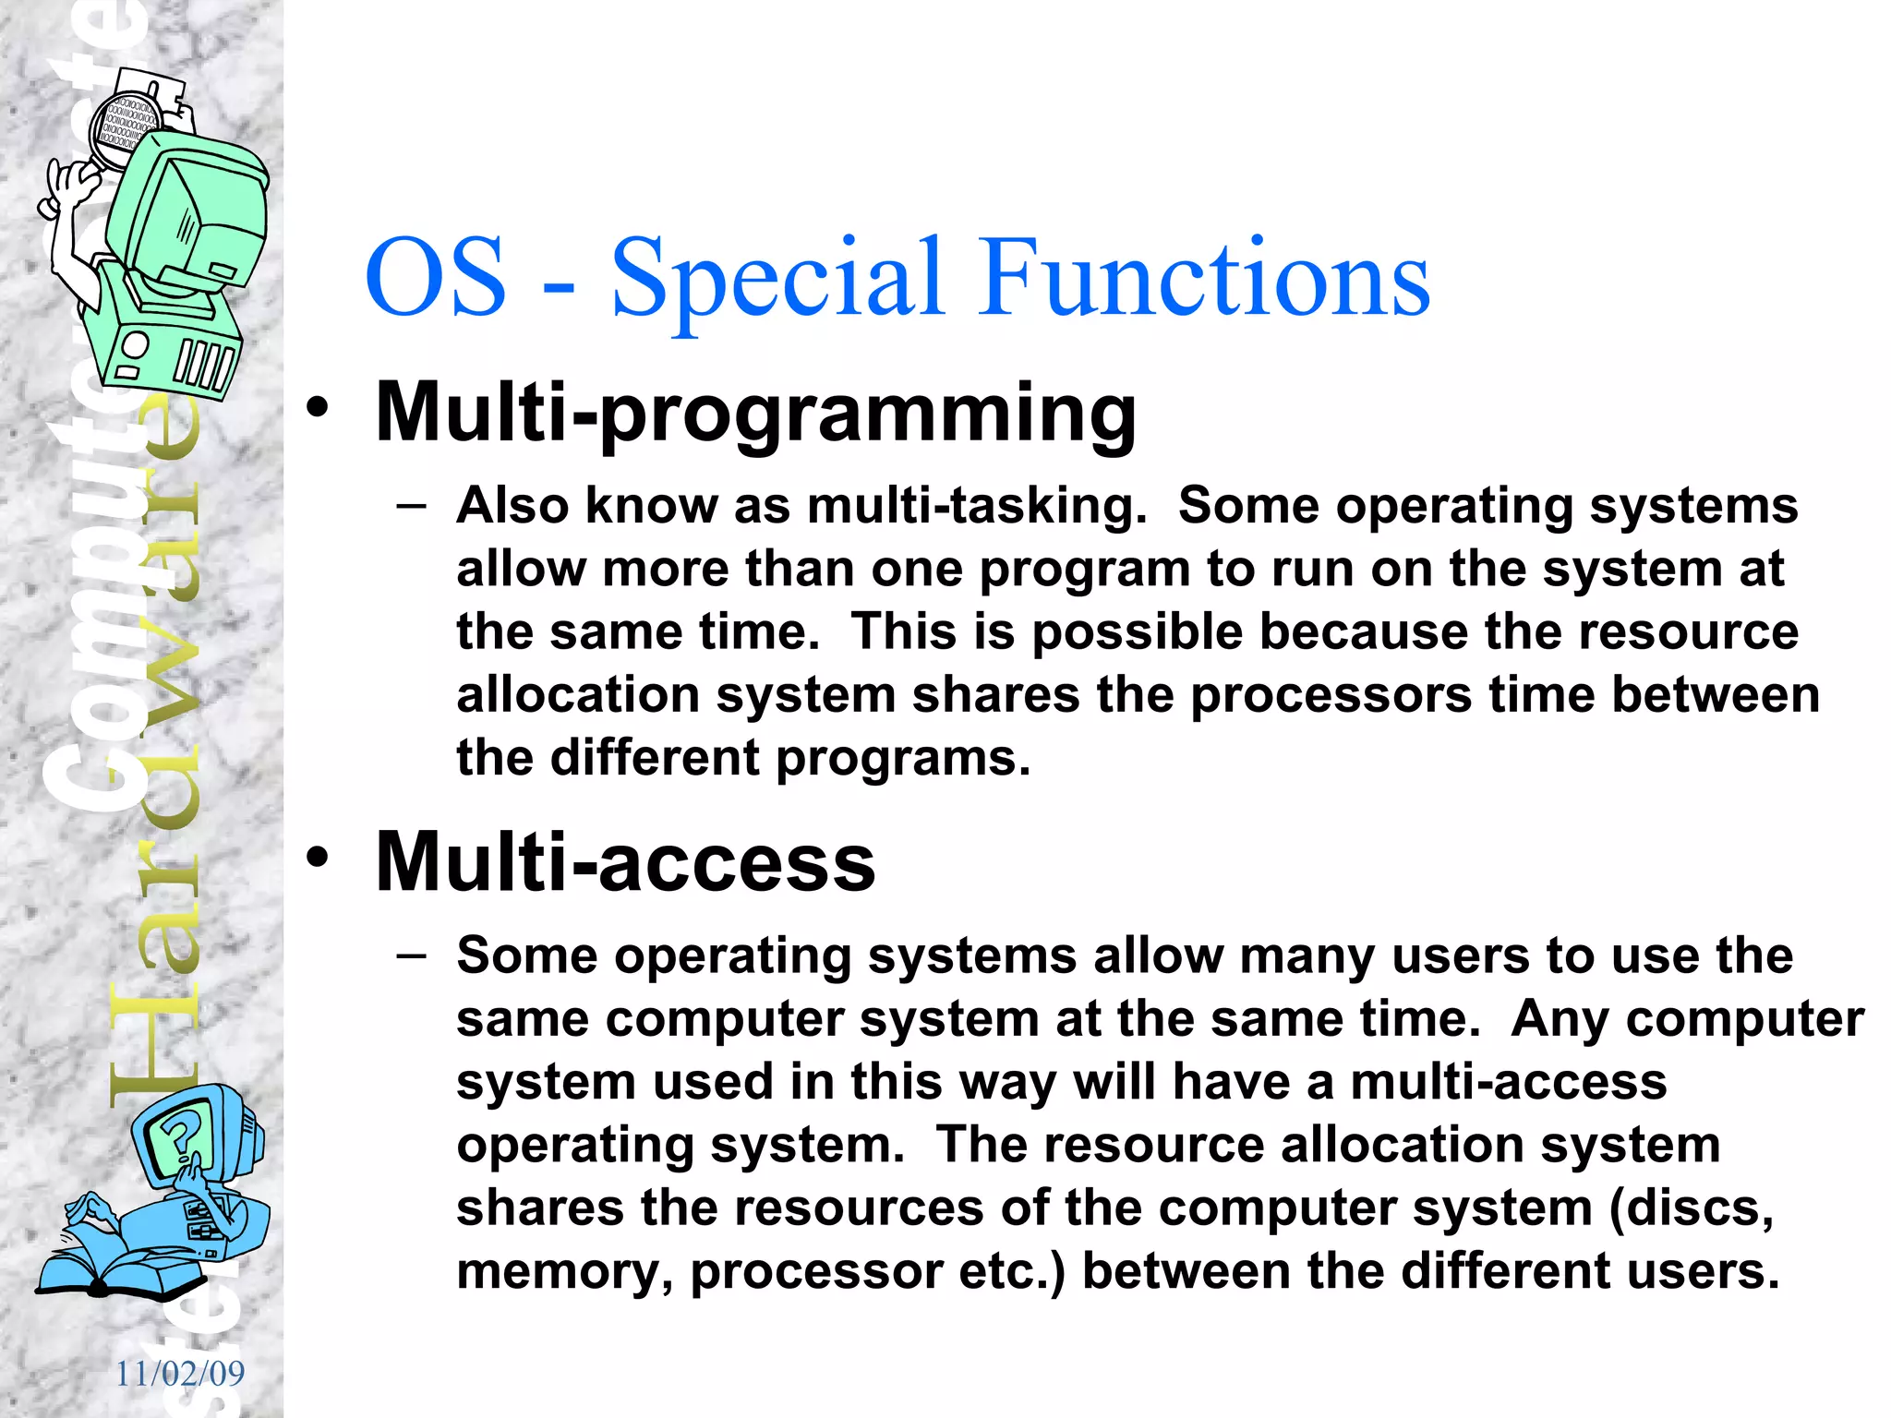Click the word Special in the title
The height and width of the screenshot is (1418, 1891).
(x=777, y=277)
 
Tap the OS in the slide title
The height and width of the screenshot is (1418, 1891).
(x=435, y=277)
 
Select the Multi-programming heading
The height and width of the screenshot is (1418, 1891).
(x=755, y=413)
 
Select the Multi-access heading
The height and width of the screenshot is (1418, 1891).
(x=625, y=862)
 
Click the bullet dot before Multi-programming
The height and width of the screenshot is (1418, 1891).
(x=318, y=407)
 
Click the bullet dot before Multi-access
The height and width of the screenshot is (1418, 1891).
(x=318, y=857)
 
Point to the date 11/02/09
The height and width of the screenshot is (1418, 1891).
(x=180, y=1374)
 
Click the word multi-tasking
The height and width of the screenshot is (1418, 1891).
(x=976, y=506)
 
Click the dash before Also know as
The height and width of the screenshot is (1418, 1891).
(x=411, y=506)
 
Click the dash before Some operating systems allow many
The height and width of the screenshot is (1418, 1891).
(x=411, y=955)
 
